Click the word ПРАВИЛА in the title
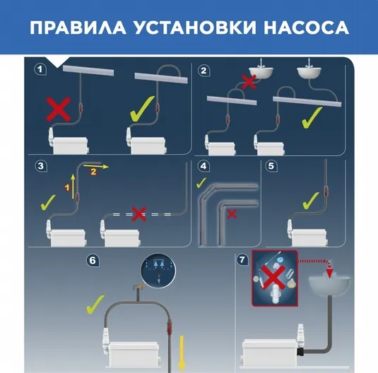click(78, 28)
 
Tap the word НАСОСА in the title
click(306, 28)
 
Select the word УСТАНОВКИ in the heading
click(195, 28)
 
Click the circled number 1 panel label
click(40, 69)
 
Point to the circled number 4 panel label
click(203, 166)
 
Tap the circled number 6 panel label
click(93, 261)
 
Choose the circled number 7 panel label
click(242, 259)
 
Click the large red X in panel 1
click(59, 109)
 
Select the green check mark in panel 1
click(142, 109)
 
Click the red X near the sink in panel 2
click(249, 82)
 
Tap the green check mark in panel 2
click(312, 117)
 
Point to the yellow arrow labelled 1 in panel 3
click(73, 187)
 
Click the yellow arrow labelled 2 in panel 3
click(96, 166)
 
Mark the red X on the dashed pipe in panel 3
click(139, 214)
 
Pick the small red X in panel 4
click(232, 214)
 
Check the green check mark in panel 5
click(311, 201)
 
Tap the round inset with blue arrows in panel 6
click(158, 271)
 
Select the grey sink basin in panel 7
click(329, 285)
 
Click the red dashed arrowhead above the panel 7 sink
click(329, 273)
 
